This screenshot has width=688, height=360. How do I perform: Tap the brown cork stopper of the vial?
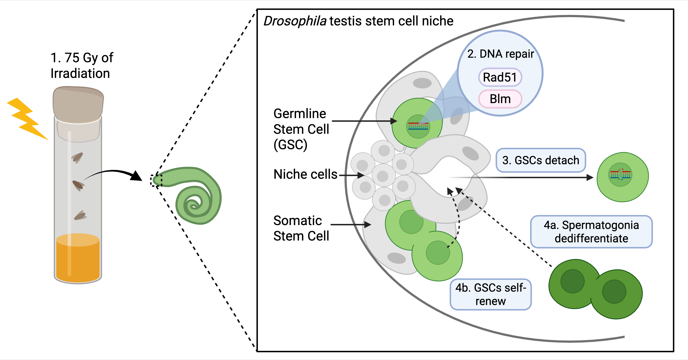coord(78,104)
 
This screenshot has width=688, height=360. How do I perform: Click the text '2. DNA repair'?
coord(501,54)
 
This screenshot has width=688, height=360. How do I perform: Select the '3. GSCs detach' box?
coord(541,160)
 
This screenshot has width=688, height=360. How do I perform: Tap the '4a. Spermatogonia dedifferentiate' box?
coord(591,232)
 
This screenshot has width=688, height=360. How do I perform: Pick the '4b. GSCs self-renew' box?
coord(490,294)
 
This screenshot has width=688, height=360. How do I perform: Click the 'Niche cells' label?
coord(305,174)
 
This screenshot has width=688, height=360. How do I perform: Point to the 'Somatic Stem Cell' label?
coord(301,228)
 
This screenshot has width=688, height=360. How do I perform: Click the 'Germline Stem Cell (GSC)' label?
coord(301,129)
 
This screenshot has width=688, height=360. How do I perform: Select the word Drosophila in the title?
coord(295,21)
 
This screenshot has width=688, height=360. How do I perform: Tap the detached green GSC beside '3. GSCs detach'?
coord(623,177)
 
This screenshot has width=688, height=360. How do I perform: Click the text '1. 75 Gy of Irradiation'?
coord(81,65)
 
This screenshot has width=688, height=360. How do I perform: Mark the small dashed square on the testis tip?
coord(156,180)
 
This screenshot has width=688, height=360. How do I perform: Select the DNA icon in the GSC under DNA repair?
coord(418,126)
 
